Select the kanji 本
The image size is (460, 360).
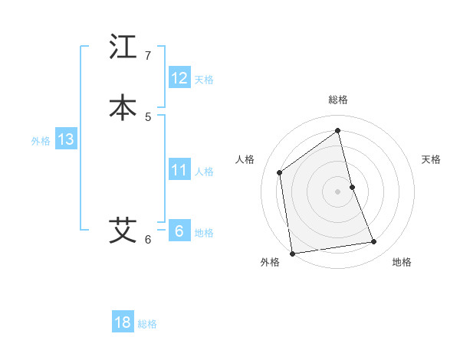pyautogui.click(x=123, y=107)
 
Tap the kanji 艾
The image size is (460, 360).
pyautogui.click(x=123, y=230)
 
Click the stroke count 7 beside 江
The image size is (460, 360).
pyautogui.click(x=148, y=55)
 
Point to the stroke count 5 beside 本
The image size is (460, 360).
pyautogui.click(x=148, y=116)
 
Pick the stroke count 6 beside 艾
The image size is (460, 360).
pyautogui.click(x=148, y=239)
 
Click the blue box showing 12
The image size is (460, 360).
pyautogui.click(x=179, y=77)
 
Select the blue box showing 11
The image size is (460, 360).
pyautogui.click(x=179, y=169)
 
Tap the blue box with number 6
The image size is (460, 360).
pyautogui.click(x=179, y=231)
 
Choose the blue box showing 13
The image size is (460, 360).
pyautogui.click(x=65, y=139)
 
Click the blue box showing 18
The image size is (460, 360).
pyautogui.click(x=123, y=322)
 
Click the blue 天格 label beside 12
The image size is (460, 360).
pyautogui.click(x=204, y=79)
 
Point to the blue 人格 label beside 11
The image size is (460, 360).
pyautogui.click(x=204, y=171)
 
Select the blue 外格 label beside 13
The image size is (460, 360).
pyautogui.click(x=41, y=141)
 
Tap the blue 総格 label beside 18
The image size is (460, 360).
pyautogui.click(x=147, y=324)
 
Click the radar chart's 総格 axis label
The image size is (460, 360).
pyautogui.click(x=338, y=100)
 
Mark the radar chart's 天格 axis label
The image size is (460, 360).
pyautogui.click(x=431, y=159)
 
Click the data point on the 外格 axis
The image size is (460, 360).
pyautogui.click(x=292, y=253)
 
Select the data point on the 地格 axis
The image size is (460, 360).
pyautogui.click(x=374, y=242)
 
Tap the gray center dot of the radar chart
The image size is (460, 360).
pyautogui.click(x=338, y=191)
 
